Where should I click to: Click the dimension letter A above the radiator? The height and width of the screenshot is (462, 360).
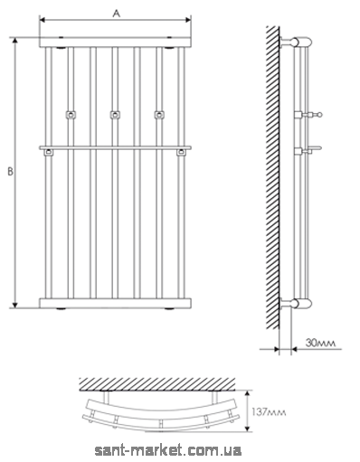coord(117,14)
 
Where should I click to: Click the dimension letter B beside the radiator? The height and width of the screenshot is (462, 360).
coord(11,172)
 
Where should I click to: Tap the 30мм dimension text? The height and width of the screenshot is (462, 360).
coord(320,343)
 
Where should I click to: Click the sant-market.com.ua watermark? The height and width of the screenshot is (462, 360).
coord(168,450)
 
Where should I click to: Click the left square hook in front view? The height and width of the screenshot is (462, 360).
coord(71,115)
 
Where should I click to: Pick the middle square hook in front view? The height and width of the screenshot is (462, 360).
coord(115,115)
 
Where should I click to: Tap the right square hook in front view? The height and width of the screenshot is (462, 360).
coord(159,115)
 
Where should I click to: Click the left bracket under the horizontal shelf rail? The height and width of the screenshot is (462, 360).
coord(49,153)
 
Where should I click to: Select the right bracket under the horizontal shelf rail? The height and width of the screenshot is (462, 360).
coord(181,153)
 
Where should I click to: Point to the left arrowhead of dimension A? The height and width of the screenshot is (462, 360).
coord(43,20)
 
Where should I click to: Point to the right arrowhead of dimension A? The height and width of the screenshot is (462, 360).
coord(188,20)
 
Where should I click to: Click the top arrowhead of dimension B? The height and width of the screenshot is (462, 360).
coord(15,41)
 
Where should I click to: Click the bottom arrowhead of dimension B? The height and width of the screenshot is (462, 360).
coord(15,305)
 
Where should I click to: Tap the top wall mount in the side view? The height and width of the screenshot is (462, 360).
coord(296,42)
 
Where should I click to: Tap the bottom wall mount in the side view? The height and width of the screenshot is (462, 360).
coord(296,303)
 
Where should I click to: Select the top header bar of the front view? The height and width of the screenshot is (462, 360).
coord(115,42)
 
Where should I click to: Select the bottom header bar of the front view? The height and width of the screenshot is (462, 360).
coord(115,304)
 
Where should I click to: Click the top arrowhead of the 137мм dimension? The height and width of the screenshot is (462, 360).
coord(248,393)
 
